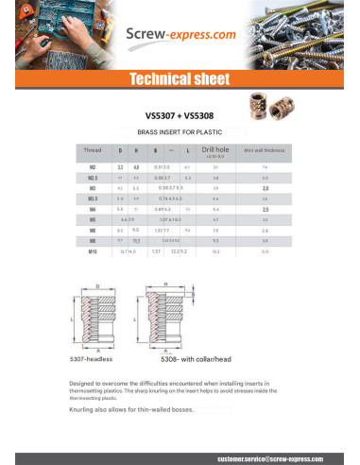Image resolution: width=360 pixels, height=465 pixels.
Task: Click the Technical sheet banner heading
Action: [179, 78]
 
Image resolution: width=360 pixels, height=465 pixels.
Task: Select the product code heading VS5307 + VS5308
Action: [180, 110]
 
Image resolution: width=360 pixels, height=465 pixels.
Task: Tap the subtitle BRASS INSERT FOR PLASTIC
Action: [180, 134]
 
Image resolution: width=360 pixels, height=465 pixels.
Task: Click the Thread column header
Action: [93, 150]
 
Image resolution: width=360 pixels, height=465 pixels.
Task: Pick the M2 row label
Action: [93, 166]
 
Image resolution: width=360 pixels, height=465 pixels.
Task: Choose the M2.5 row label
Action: [93, 177]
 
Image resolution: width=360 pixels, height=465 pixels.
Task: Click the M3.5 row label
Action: [93, 198]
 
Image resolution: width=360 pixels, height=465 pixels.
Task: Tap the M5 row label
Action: [93, 219]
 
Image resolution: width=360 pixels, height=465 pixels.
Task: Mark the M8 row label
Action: [93, 241]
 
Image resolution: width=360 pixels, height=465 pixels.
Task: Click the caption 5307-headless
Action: [92, 361]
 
